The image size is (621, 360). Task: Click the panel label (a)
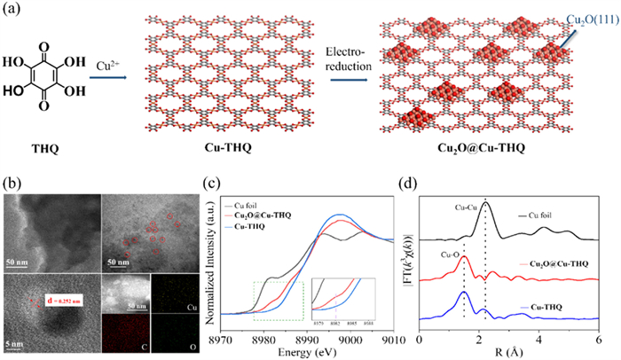pos(15,12)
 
